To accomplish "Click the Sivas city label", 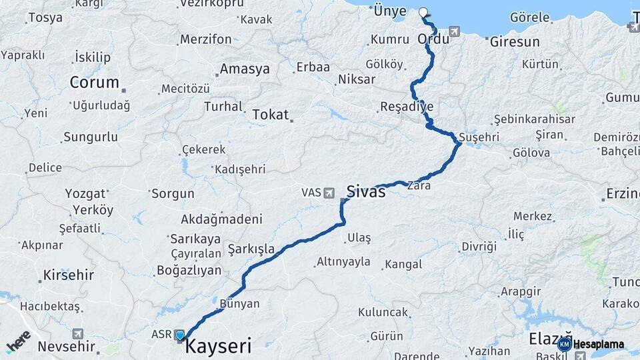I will pyautogui.click(x=366, y=192).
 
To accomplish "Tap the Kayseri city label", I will pyautogui.click(x=218, y=346).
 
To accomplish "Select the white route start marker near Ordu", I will pyautogui.click(x=423, y=12).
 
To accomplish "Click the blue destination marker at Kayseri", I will pyautogui.click(x=180, y=335).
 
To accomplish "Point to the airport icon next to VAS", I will pyautogui.click(x=329, y=193).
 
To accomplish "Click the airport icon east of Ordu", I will pyautogui.click(x=455, y=31).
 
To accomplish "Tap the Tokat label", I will pyautogui.click(x=270, y=115).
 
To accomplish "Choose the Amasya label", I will pyautogui.click(x=245, y=69).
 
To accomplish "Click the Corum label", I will pyautogui.click(x=95, y=83).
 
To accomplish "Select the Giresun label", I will pyautogui.click(x=515, y=42).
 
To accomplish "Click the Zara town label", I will pyautogui.click(x=419, y=186).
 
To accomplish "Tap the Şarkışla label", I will pyautogui.click(x=251, y=249).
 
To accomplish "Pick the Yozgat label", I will pyautogui.click(x=85, y=194).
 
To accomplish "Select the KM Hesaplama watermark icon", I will pyautogui.click(x=565, y=344).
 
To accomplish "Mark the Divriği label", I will pyautogui.click(x=479, y=247).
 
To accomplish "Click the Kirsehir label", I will pyautogui.click(x=69, y=275).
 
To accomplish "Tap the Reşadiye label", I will pyautogui.click(x=407, y=107).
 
